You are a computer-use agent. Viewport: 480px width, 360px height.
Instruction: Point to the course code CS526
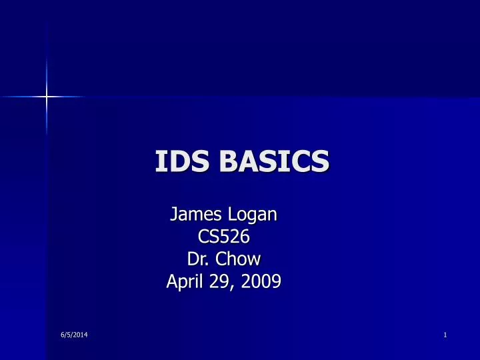[223, 237]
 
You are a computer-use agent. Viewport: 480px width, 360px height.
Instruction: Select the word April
[184, 283]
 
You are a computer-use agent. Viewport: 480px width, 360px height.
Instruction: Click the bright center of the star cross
[47, 97]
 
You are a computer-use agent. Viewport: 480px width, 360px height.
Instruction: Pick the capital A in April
[171, 282]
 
